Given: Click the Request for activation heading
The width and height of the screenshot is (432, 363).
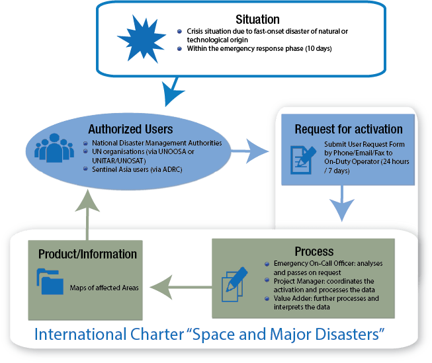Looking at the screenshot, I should click(348, 129).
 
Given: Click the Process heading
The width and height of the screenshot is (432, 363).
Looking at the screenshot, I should click(314, 251).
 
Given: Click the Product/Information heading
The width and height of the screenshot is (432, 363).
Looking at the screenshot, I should click(87, 254).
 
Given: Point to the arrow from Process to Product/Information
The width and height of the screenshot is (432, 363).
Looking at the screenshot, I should click(178, 287).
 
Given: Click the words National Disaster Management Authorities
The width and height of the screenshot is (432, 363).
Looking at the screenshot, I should click(155, 143).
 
